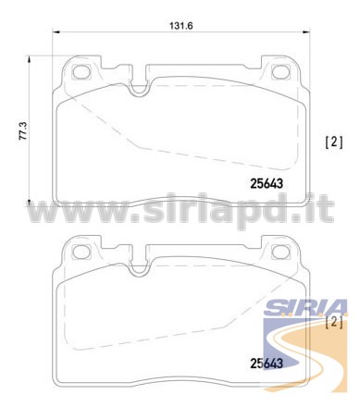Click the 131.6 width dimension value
[181, 26]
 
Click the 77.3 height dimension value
[23, 131]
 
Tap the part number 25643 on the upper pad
[267, 184]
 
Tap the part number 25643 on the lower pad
[267, 364]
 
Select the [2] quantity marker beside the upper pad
[334, 142]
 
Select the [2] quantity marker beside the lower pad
[334, 322]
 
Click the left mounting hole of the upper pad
[81, 72]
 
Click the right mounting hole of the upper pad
[281, 72]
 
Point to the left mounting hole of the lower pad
[81, 252]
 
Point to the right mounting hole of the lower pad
[281, 252]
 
